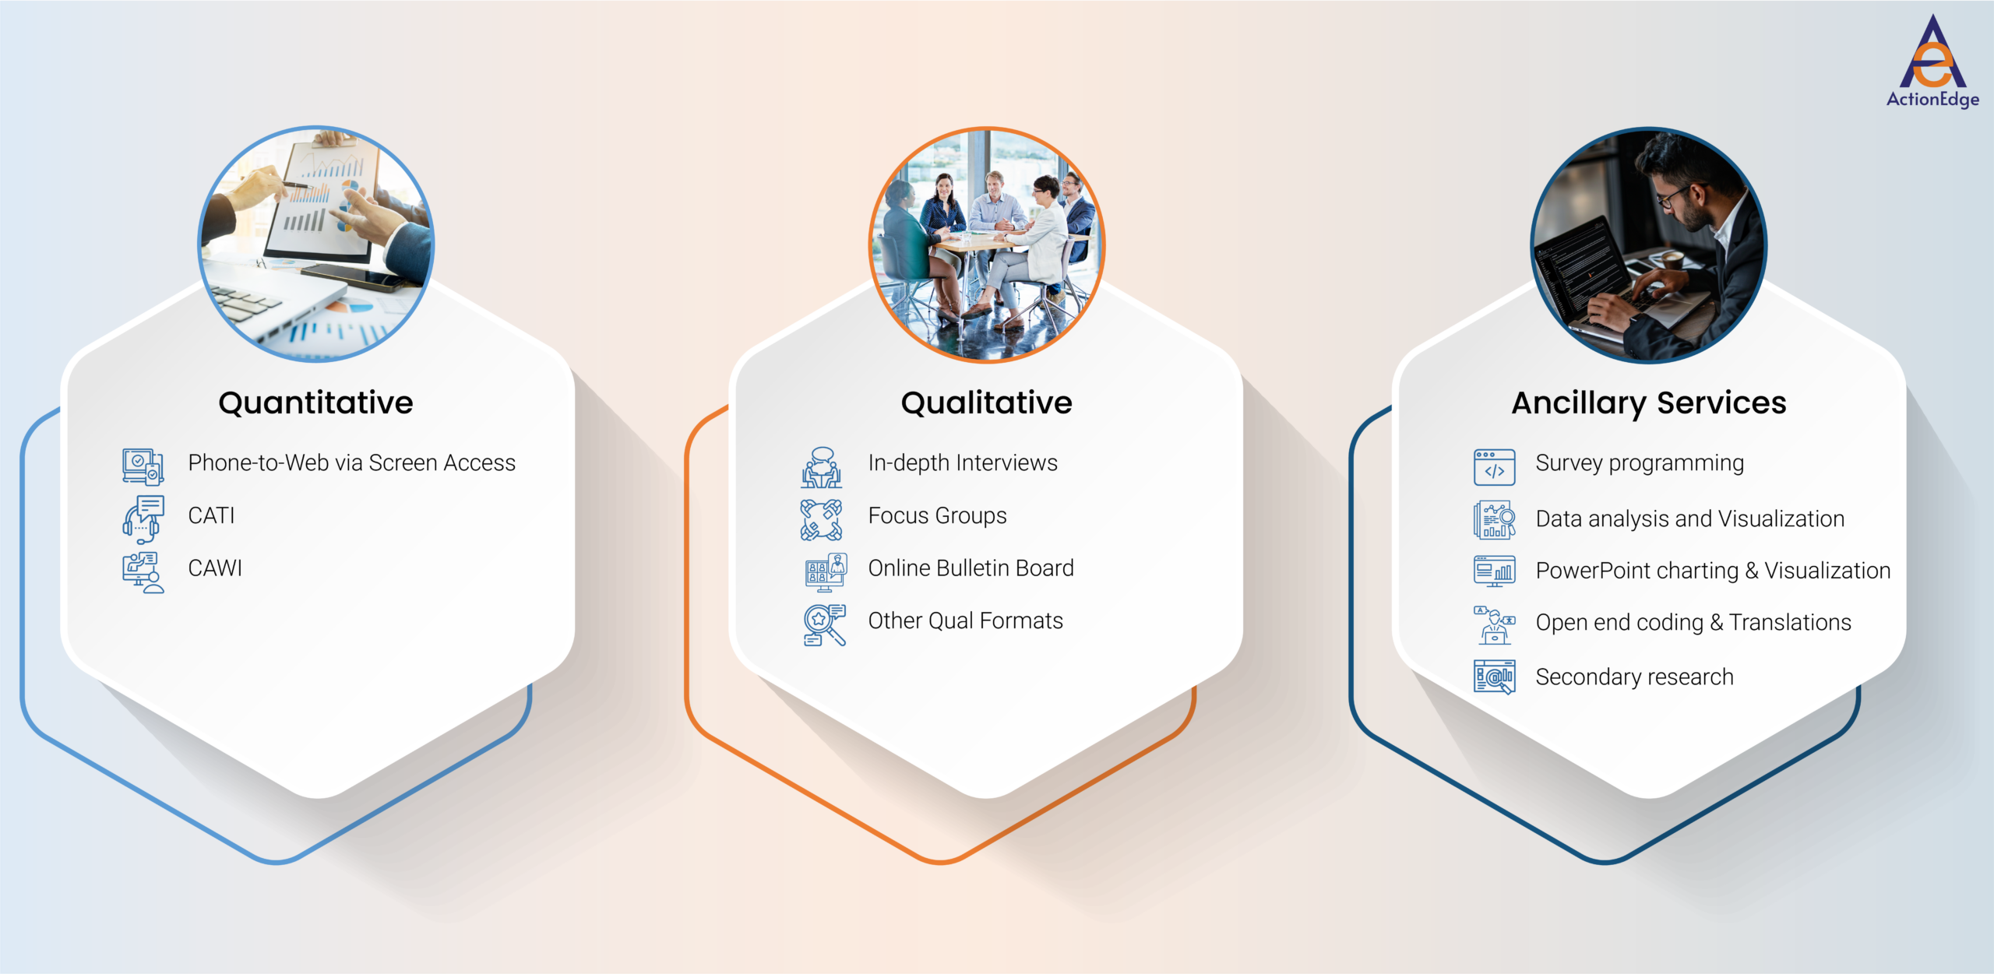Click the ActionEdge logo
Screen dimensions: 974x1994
(1932, 62)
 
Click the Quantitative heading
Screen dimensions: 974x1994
(315, 403)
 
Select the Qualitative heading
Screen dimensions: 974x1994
(986, 403)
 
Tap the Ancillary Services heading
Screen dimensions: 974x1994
(1649, 403)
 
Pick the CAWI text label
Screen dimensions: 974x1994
(215, 568)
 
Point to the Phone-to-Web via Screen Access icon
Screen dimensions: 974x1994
(143, 466)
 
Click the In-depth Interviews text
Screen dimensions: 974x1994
(963, 463)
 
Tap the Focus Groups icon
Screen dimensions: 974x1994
(822, 519)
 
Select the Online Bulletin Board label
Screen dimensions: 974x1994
(971, 568)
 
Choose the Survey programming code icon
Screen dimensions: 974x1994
(1494, 467)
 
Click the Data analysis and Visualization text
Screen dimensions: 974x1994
(1689, 519)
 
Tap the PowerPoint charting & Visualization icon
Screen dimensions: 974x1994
(1494, 571)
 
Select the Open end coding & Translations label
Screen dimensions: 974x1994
(1693, 623)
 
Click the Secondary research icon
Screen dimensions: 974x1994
(1494, 677)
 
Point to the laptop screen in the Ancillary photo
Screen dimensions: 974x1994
(1581, 273)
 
